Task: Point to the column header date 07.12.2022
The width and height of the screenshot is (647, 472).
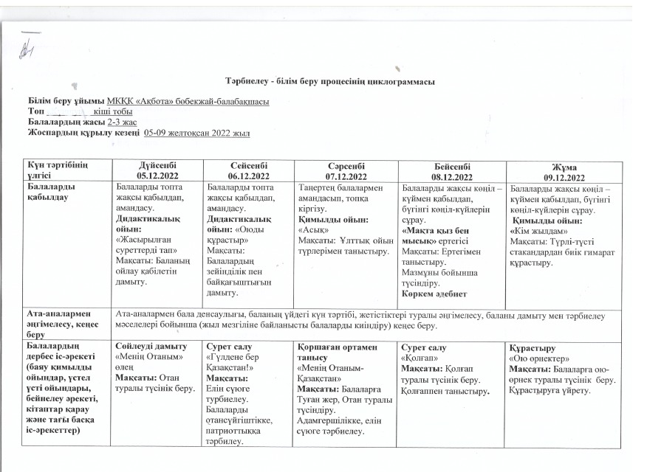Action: point(342,177)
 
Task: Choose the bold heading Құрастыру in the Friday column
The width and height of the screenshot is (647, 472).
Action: point(532,345)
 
